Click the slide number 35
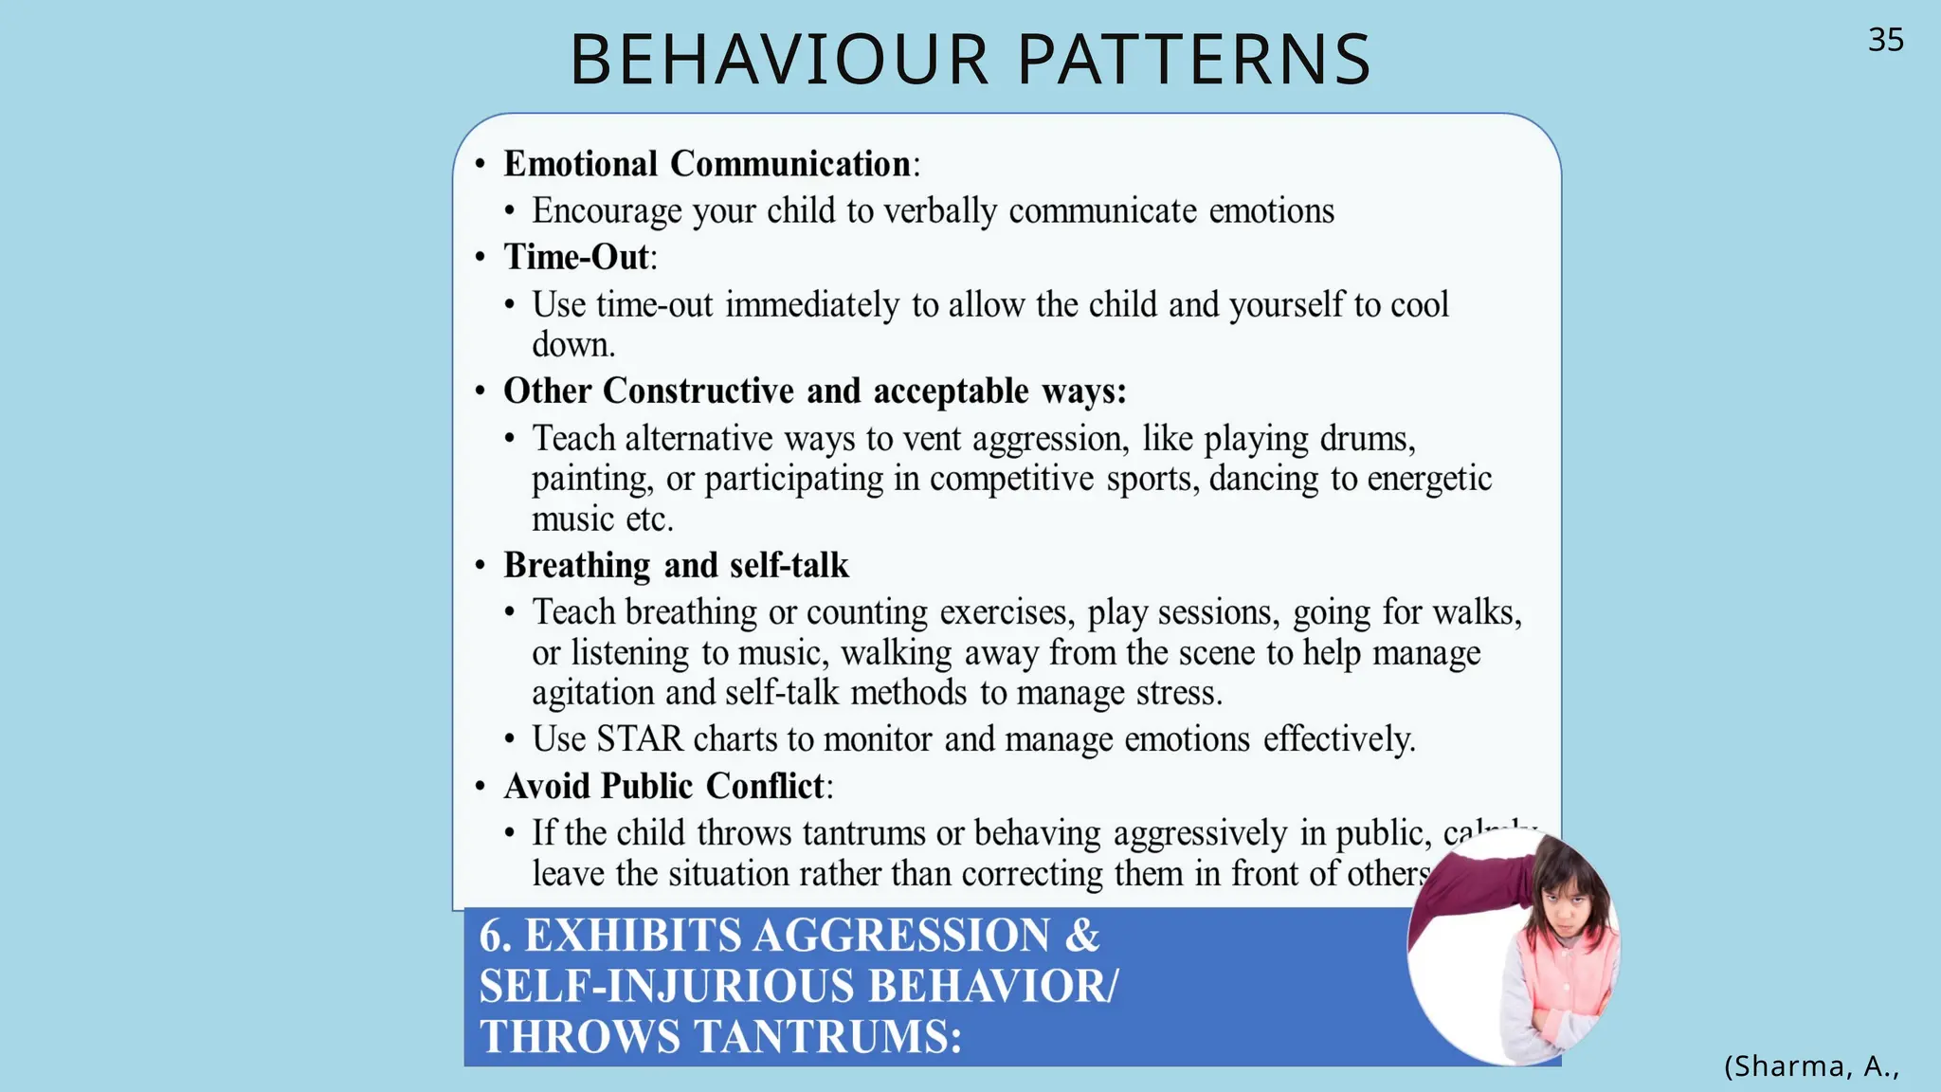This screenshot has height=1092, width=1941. coord(1885,40)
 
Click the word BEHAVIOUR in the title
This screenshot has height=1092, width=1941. coord(780,60)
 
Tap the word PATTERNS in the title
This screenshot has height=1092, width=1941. coord(1194,60)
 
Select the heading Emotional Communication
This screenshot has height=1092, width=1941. coord(707,164)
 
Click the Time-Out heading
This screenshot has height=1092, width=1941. coord(576,257)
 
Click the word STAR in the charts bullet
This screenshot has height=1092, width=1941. coord(640,738)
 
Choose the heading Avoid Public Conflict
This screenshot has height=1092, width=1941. coord(665,786)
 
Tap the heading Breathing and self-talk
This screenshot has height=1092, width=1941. coord(676,565)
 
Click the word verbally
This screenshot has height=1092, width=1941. coord(939,211)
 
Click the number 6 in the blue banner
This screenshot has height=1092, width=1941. coord(493,936)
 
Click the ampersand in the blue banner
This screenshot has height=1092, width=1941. coord(1081,936)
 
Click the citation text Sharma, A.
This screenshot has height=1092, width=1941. coord(1811,1066)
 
